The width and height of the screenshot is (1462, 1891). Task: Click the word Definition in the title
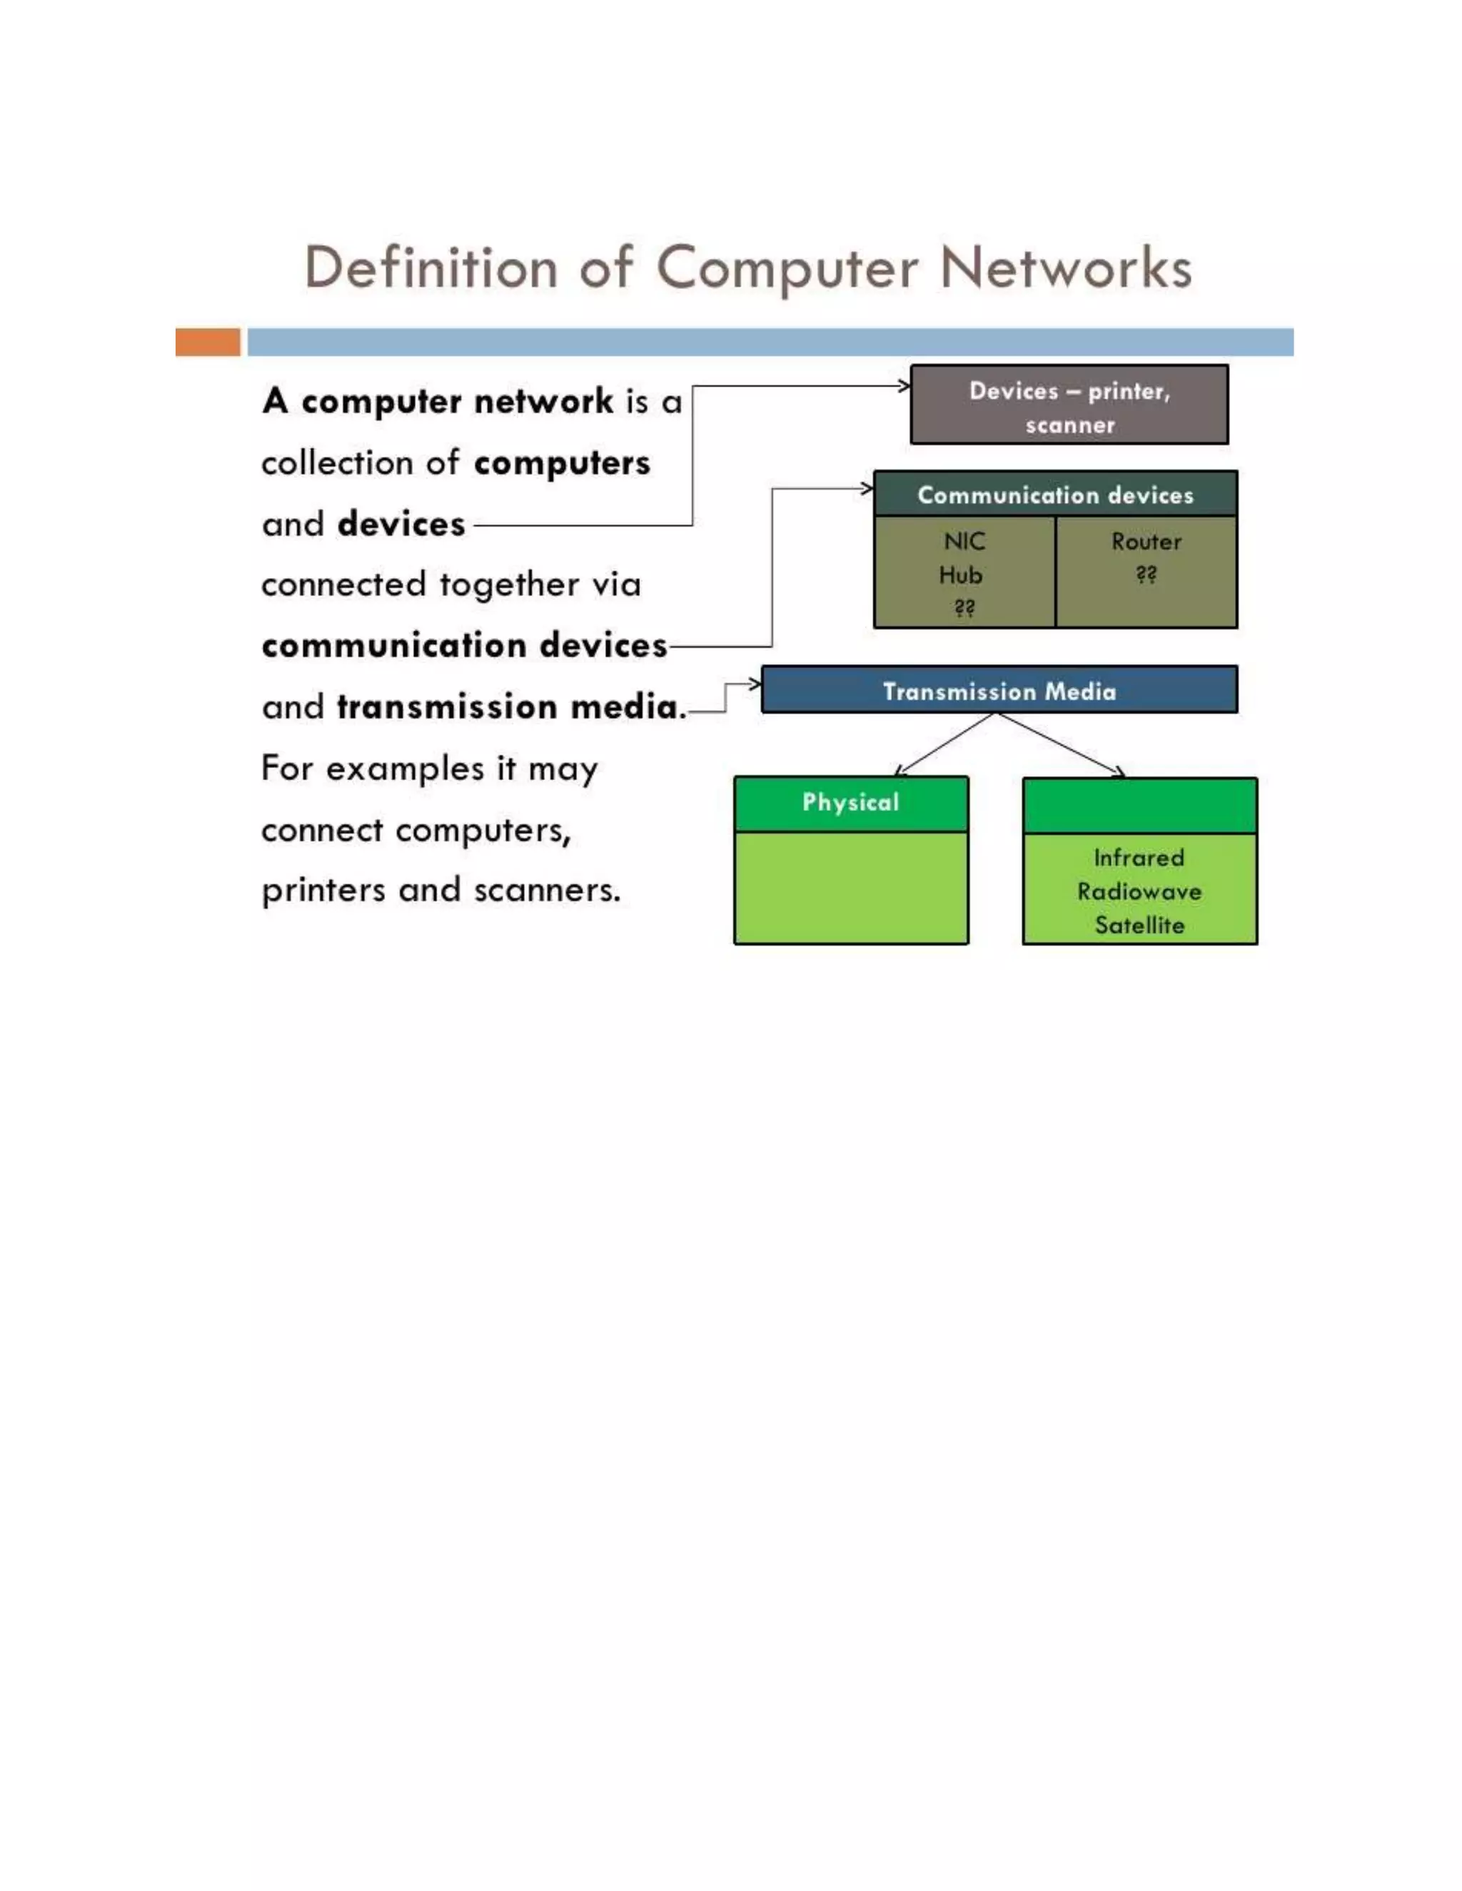coord(430,268)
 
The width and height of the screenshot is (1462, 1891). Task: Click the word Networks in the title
coord(1065,268)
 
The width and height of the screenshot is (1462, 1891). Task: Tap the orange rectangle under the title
coord(208,342)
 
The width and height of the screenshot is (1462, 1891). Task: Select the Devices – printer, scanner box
coord(1069,405)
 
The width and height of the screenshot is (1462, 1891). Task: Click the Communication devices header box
coord(1055,495)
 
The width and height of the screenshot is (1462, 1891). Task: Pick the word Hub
coord(961,575)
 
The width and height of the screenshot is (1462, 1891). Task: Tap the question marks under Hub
coord(964,609)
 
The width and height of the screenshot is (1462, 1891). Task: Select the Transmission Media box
coord(999,691)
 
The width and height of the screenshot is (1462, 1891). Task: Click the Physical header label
coord(850,803)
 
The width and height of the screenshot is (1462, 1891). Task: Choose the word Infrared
coord(1138,858)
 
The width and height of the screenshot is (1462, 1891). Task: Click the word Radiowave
coord(1139,892)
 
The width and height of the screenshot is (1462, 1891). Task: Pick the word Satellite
coord(1139,926)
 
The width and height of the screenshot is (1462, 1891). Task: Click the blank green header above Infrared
coord(1139,805)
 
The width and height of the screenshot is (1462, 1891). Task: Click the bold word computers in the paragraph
coord(561,463)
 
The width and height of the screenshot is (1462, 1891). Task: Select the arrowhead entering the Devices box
coord(903,386)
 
